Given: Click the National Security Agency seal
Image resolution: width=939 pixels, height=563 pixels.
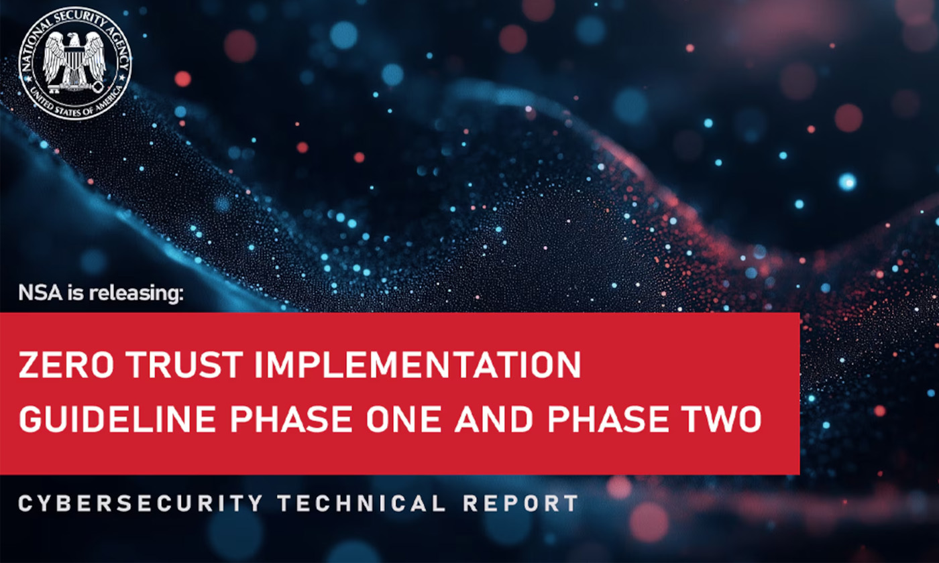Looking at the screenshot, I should (75, 64).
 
